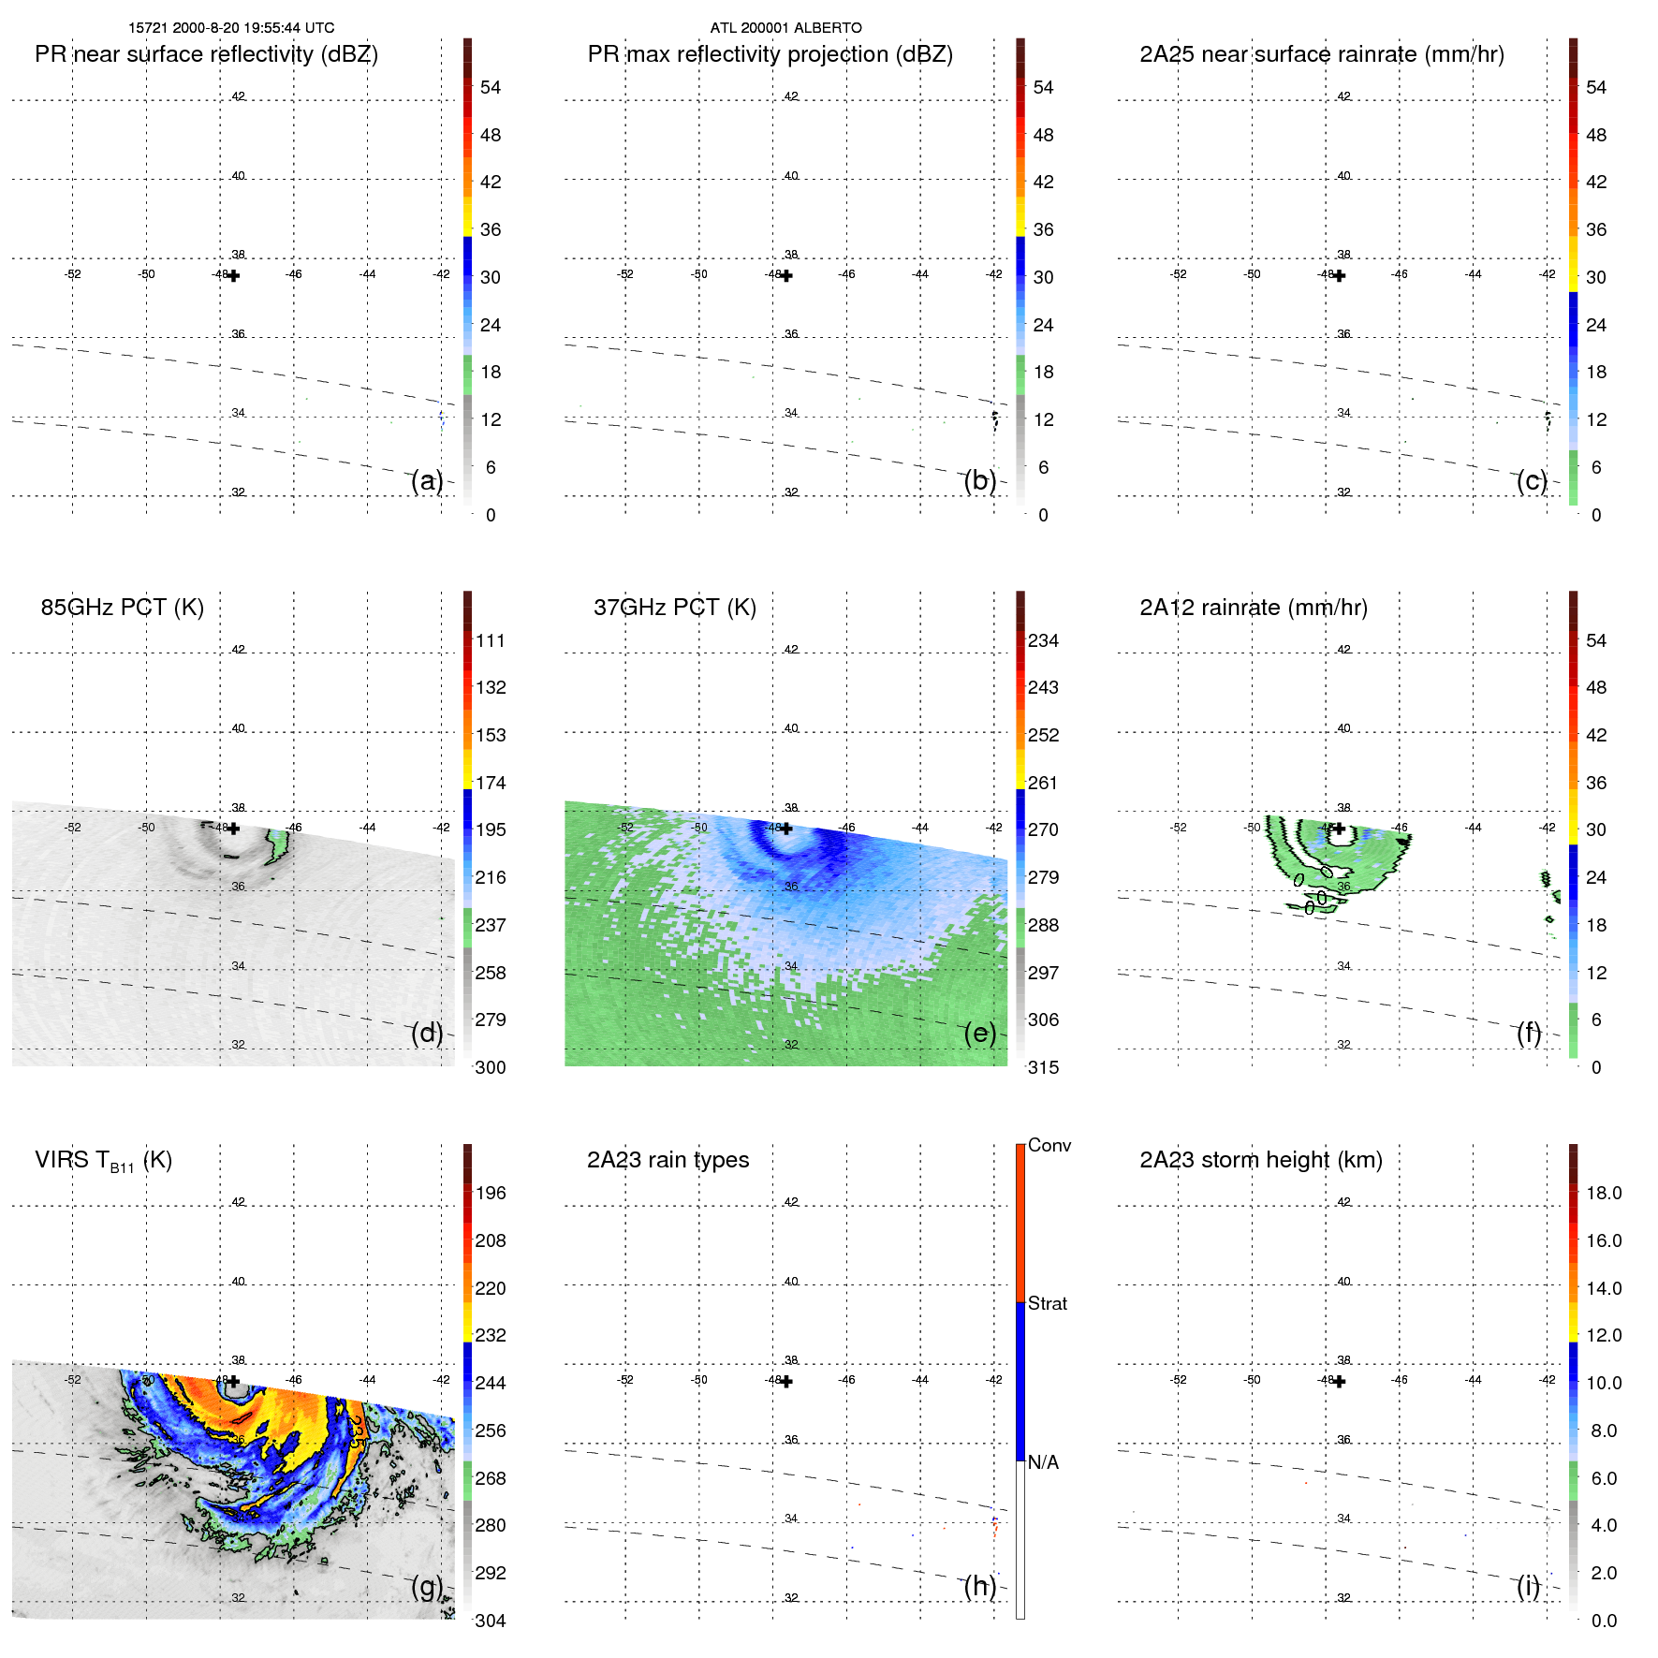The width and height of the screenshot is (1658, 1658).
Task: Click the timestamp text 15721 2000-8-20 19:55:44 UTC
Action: coord(231,28)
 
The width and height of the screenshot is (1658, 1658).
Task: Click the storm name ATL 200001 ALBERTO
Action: coord(785,28)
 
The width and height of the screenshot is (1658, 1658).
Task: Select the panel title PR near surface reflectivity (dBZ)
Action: coord(206,54)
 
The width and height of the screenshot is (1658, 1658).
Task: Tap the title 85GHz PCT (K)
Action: coord(122,608)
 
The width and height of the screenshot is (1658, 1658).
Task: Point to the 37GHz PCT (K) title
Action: coord(674,608)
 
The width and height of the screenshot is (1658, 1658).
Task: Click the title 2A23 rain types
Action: coord(668,1160)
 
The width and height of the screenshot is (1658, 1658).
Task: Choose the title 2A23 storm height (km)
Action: coord(1260,1160)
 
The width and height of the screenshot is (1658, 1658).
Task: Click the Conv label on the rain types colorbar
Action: coord(1049,1145)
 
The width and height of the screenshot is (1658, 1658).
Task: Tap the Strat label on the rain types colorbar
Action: coord(1047,1303)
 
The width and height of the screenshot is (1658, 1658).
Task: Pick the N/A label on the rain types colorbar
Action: coord(1043,1462)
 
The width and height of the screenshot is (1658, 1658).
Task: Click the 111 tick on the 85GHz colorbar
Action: coord(490,640)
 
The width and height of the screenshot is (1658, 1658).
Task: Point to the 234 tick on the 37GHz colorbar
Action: coord(1043,640)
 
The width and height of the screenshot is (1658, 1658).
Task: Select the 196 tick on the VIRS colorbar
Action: coord(490,1193)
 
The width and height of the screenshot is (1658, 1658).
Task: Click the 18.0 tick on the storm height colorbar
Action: coord(1603,1193)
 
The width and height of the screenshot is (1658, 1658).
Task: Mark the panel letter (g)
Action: coord(427,1586)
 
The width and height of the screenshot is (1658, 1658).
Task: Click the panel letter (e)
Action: coord(980,1033)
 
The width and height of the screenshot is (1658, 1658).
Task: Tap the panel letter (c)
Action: coord(1533,480)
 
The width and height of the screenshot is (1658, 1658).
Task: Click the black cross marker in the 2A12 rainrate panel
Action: coord(1339,829)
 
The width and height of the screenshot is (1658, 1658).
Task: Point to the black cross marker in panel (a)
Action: coord(233,276)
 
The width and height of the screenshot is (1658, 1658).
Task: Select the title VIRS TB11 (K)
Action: coord(103,1161)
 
